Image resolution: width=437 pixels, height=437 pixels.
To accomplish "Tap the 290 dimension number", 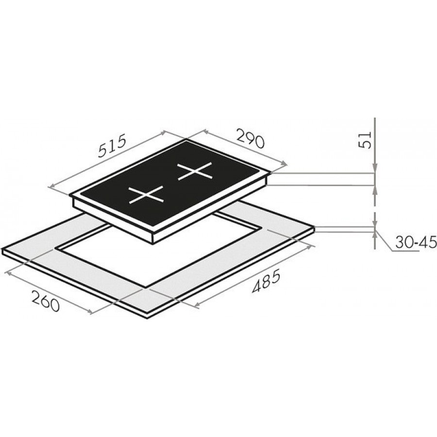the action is (x=250, y=138).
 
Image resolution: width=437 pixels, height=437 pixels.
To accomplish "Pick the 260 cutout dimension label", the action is (x=46, y=301).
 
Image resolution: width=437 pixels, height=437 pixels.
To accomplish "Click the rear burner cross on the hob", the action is (x=195, y=171).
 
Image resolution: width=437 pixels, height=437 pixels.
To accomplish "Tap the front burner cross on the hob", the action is (x=146, y=194).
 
